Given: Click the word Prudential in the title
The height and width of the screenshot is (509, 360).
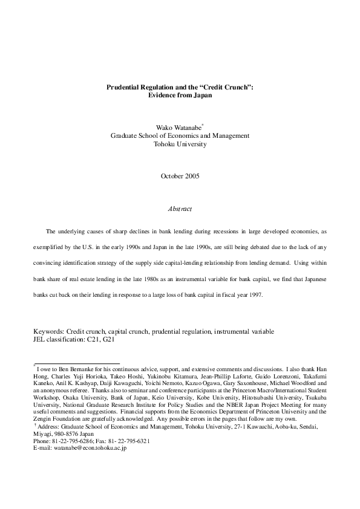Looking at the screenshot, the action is click(x=122, y=87).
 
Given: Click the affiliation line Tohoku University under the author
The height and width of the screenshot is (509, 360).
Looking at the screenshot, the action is click(x=180, y=144).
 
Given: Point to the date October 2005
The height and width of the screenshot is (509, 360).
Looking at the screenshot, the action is click(x=180, y=176).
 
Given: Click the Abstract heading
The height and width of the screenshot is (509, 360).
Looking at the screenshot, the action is click(x=180, y=209).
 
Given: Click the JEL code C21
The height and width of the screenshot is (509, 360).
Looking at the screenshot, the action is click(x=87, y=339).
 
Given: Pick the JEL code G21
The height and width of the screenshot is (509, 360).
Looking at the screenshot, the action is click(x=105, y=339).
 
